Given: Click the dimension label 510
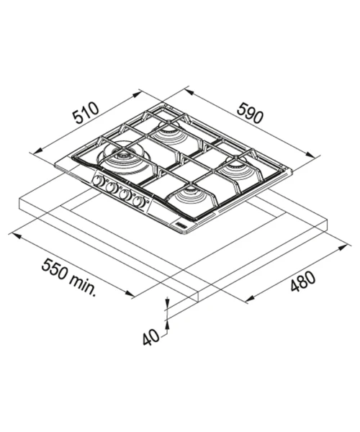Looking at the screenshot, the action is pyautogui.click(x=85, y=112).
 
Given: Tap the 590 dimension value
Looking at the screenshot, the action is pyautogui.click(x=249, y=113).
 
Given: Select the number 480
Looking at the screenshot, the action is pyautogui.click(x=302, y=281).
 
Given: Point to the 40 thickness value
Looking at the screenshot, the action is pyautogui.click(x=151, y=337).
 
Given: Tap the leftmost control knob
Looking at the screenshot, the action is pyautogui.click(x=98, y=181).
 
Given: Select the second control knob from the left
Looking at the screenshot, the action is pyautogui.click(x=111, y=187).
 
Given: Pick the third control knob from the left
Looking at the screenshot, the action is pyautogui.click(x=125, y=194).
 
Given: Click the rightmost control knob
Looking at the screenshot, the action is pyautogui.click(x=138, y=202).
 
